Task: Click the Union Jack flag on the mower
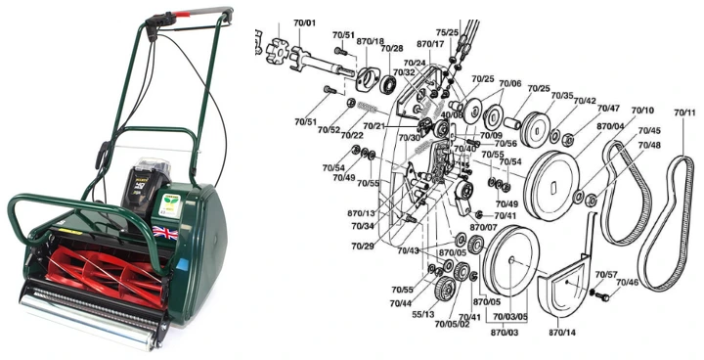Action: pos(163,234)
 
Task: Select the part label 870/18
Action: pos(370,43)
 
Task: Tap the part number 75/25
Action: pos(448,32)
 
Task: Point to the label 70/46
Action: pos(627,283)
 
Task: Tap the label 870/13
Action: pos(361,212)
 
